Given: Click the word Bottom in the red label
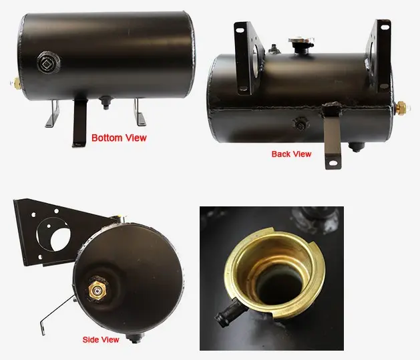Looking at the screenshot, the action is pos(107,138).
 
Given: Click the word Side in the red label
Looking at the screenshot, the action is pos(91,340).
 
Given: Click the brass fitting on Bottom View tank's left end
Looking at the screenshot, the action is pos(15,83).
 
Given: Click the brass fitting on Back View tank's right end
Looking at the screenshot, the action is pos(400,107).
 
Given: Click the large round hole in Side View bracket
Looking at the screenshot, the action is pos(61,240).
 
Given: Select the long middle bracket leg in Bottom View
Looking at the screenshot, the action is pos(79,122).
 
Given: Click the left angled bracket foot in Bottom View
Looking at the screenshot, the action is pos(53,114).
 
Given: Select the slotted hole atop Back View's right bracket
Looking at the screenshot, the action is pos(384,27).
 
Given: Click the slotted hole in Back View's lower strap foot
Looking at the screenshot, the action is pos(333,162).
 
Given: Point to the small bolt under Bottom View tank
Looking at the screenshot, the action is pos(106,103).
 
